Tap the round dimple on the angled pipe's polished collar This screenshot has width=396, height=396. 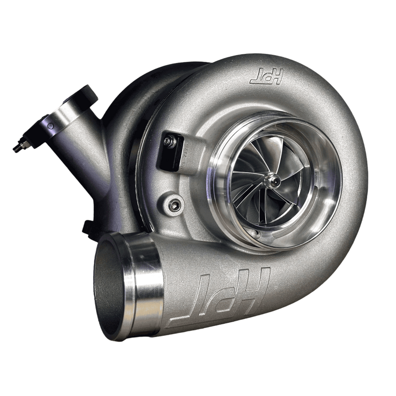click(x=51, y=125)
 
